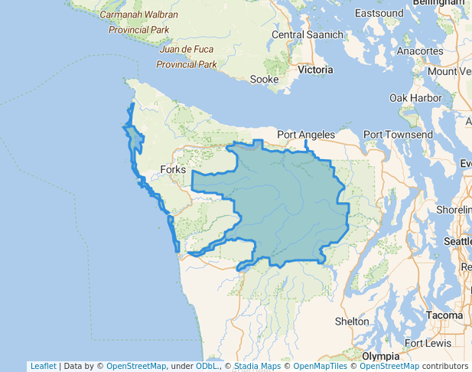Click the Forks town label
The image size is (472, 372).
point(174,170)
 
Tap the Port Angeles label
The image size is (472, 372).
point(306,135)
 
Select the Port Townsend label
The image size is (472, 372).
point(398,135)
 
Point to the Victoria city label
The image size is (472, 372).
point(315,70)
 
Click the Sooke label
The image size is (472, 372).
point(264,79)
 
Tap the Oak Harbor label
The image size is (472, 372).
point(415,98)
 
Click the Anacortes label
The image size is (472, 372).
point(420,51)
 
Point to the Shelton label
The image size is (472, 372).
point(352,321)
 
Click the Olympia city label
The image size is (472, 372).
point(380,357)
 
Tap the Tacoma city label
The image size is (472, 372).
point(444,315)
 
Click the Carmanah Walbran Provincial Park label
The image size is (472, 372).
point(138,22)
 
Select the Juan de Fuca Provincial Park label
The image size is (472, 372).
point(187,57)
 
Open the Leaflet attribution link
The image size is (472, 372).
point(43,366)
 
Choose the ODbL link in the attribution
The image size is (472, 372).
point(207,366)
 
